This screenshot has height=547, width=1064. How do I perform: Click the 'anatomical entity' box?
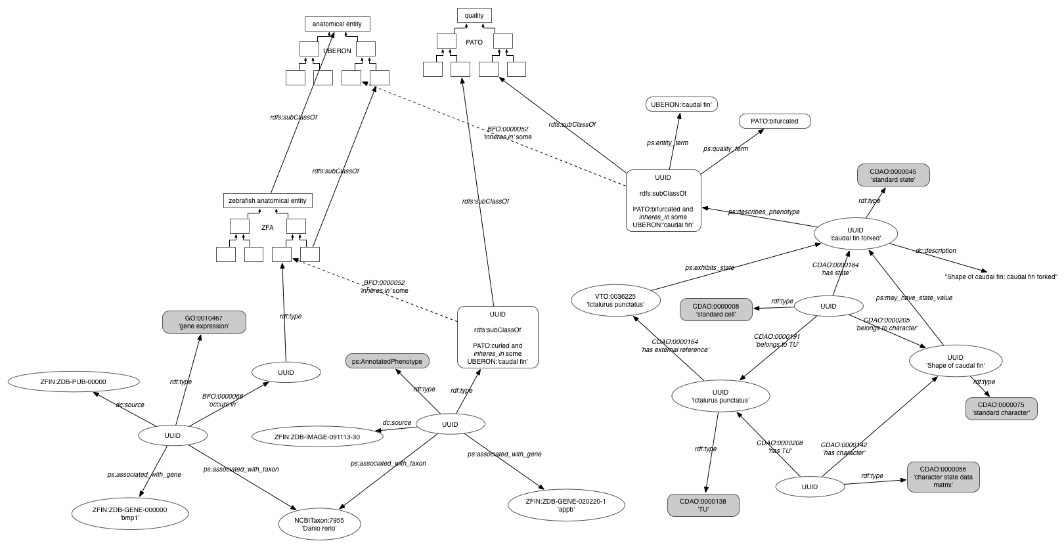point(337,24)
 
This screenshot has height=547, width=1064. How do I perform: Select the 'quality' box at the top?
point(474,16)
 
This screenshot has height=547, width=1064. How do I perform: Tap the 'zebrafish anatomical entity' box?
point(268,201)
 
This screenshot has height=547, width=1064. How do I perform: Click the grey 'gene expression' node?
point(204,322)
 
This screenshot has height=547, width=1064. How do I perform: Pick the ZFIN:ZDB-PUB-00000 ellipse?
point(74,382)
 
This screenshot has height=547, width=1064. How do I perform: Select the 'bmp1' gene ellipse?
point(130,514)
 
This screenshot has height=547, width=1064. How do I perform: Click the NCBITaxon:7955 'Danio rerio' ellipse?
point(319,524)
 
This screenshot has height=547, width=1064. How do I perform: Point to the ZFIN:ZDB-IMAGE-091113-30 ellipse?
point(317,437)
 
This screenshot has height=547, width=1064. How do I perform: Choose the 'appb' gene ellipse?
point(566,505)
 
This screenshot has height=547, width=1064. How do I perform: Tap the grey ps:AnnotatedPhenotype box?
point(387,361)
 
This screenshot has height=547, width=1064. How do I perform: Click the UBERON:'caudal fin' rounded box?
point(682,104)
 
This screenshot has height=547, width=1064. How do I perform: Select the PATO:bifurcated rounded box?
point(775,121)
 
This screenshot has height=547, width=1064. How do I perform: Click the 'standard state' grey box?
point(893,175)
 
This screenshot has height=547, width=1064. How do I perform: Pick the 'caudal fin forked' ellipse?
point(856,234)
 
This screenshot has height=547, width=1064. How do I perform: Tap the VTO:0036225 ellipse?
point(615,301)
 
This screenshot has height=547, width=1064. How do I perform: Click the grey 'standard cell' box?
point(717,310)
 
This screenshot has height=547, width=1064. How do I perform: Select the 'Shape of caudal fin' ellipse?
point(956,361)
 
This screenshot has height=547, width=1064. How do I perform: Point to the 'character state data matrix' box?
point(943,477)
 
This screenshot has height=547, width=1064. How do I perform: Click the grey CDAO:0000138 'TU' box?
point(703,505)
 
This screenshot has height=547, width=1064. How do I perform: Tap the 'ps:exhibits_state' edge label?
point(709,268)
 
